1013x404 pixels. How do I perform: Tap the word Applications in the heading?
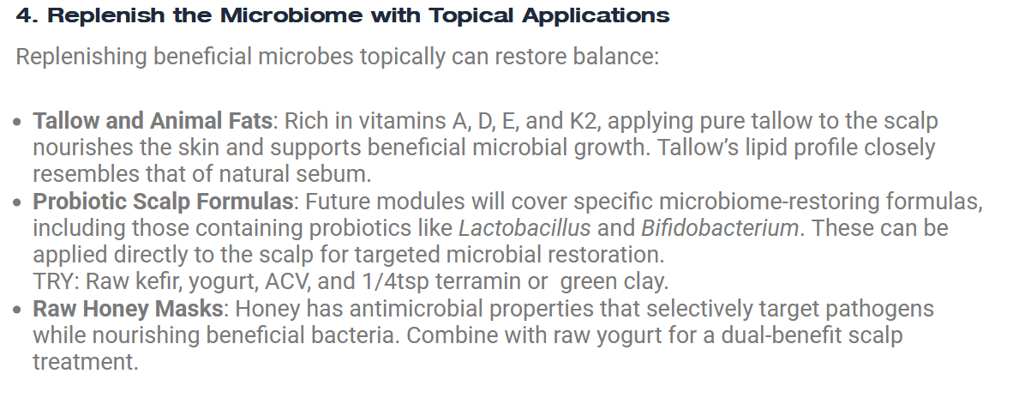click(x=596, y=16)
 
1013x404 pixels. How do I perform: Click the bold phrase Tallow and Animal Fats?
click(x=153, y=121)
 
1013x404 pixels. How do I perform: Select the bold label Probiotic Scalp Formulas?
click(x=163, y=202)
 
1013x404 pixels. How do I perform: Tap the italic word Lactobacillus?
click(x=524, y=228)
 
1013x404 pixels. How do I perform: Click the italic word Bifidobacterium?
click(x=720, y=228)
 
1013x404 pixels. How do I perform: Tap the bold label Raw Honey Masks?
click(x=128, y=309)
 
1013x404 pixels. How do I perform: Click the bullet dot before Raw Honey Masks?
click(x=17, y=310)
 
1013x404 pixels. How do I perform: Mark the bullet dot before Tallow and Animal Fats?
click(x=17, y=122)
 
